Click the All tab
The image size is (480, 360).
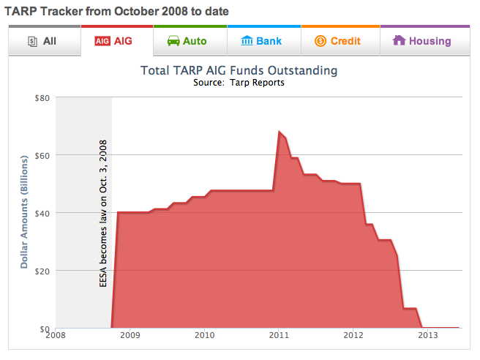[x=42, y=41]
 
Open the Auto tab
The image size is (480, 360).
[x=190, y=41]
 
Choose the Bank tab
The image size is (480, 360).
[x=263, y=41]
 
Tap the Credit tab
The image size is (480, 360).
[x=340, y=41]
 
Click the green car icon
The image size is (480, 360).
[x=173, y=41]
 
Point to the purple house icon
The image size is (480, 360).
[x=399, y=41]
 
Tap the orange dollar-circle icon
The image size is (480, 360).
[x=320, y=41]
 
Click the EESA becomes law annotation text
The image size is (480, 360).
[x=103, y=212]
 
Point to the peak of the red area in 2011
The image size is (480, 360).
[x=280, y=132]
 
